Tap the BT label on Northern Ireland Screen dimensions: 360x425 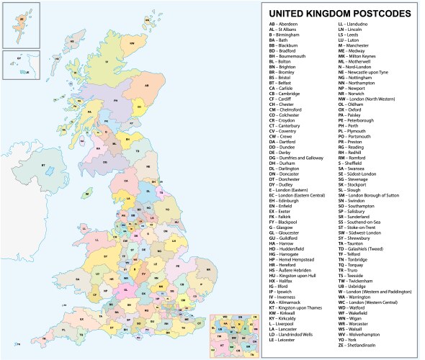point(43,166)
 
